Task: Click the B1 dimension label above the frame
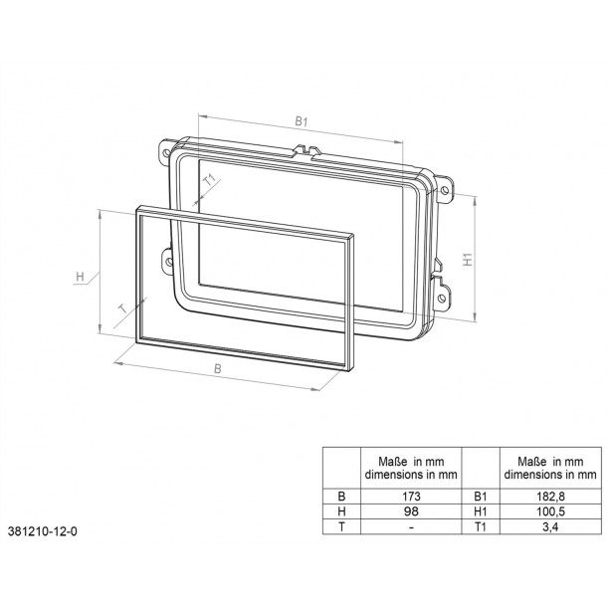click(x=301, y=121)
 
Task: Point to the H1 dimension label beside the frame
click(x=468, y=259)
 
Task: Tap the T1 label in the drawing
click(x=210, y=180)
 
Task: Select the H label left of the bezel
click(x=80, y=277)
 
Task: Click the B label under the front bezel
click(x=218, y=368)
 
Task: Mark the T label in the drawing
click(x=122, y=308)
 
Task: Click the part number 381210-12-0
click(x=43, y=531)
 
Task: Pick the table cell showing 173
click(x=411, y=496)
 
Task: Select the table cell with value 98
click(x=411, y=511)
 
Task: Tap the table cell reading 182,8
click(x=550, y=496)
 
